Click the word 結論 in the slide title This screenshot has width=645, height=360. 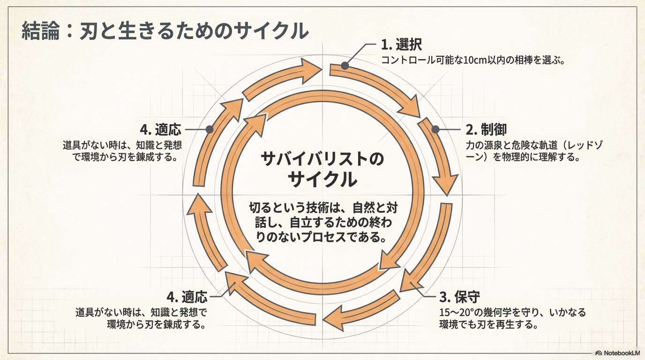41,31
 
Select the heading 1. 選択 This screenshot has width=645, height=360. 401,45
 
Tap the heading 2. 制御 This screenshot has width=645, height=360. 486,129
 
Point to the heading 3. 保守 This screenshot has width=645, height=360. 460,297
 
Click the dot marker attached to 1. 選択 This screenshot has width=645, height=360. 345,66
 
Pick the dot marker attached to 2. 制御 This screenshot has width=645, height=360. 435,129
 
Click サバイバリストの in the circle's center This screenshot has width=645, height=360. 322,159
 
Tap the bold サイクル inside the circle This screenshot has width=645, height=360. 322,180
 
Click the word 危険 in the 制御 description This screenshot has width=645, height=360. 531,145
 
